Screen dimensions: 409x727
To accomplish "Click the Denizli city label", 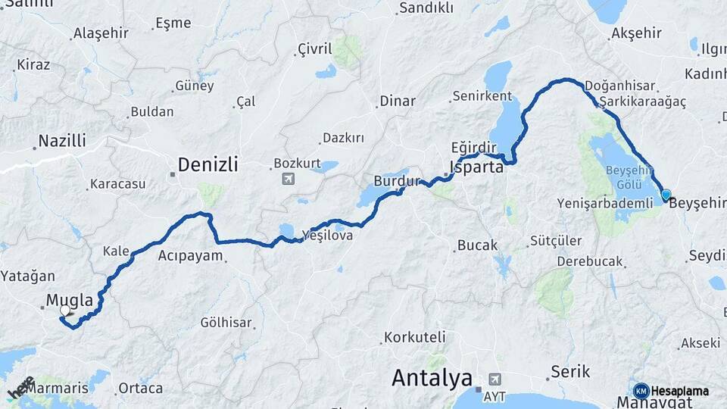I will click(207, 164).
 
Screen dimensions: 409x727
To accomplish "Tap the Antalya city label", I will click(432, 378).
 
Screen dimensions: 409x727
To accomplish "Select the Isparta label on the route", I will click(476, 167).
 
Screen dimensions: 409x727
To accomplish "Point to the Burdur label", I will click(396, 182).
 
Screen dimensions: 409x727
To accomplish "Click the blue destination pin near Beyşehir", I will click(666, 195).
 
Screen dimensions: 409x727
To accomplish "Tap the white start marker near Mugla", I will click(65, 311).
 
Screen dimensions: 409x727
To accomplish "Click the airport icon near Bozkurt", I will click(288, 179).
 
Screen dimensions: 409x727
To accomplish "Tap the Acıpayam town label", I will click(190, 256).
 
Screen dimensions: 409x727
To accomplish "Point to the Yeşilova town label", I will click(327, 236).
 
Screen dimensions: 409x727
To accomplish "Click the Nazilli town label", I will click(62, 141).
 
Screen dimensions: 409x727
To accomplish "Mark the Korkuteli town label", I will click(414, 337).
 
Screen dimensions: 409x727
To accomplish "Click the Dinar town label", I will click(398, 101).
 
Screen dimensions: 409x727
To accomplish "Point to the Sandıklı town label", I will click(426, 8).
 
